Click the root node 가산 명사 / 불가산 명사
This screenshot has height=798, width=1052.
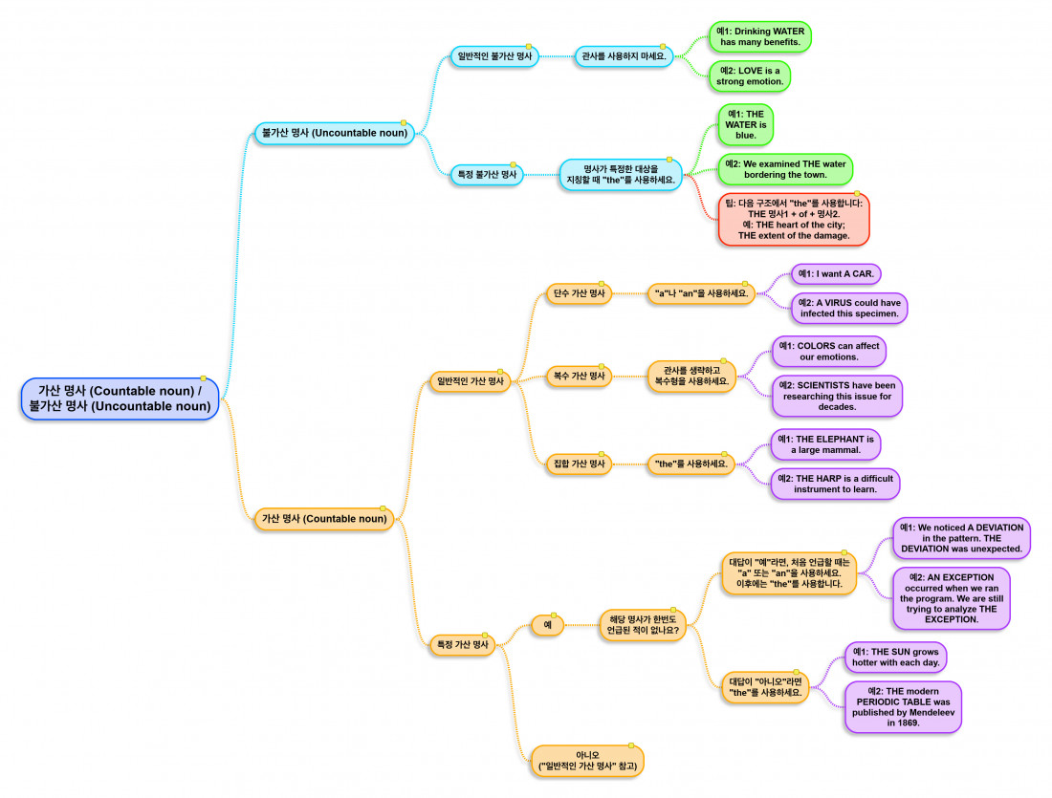point(120,399)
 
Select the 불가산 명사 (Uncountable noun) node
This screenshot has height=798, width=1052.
point(334,134)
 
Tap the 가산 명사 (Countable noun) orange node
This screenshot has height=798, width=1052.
point(325,519)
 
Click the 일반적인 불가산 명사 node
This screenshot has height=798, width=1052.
point(494,56)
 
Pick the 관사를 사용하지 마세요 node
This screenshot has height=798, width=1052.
point(623,56)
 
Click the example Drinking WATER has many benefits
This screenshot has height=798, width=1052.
point(760,37)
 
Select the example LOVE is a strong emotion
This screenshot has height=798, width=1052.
point(751,76)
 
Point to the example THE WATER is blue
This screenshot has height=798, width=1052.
point(746,125)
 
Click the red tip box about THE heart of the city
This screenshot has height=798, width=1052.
point(794,219)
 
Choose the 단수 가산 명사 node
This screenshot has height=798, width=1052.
point(579,293)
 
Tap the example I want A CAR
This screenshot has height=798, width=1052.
point(836,274)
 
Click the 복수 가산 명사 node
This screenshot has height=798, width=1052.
point(579,376)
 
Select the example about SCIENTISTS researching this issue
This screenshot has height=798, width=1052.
point(837,396)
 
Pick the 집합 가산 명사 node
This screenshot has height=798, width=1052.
point(579,464)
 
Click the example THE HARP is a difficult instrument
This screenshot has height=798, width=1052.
point(835,484)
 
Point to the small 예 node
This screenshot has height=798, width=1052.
point(547,626)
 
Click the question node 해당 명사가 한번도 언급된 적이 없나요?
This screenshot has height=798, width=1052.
point(643,625)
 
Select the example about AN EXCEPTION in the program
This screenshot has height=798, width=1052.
point(951,598)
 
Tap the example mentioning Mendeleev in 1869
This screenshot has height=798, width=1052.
point(903,707)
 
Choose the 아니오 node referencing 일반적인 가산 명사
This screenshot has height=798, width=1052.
point(588,761)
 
